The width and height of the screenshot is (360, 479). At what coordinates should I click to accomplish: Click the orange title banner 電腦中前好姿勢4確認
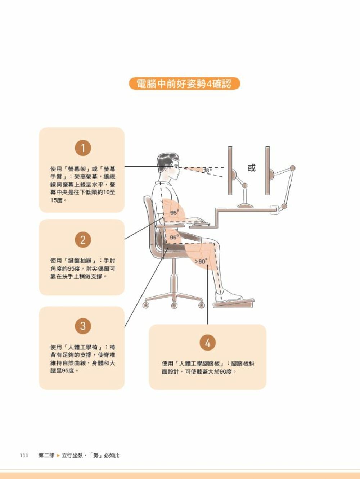coord(184,84)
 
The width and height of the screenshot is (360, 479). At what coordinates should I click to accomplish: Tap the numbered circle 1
coord(83,148)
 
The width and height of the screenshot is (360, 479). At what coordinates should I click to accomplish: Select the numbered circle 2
coord(83,240)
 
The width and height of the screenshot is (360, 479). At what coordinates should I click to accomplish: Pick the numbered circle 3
coord(83,326)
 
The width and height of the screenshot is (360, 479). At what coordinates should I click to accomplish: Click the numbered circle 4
coord(207,343)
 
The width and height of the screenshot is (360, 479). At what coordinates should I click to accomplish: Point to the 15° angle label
coord(207,171)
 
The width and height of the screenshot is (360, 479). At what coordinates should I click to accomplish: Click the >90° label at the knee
coord(201,261)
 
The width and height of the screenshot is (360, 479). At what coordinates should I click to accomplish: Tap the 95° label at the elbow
coord(174,213)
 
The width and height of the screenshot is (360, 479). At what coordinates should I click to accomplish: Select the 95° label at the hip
coord(174,238)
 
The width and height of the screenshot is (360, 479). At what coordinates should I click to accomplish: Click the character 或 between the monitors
coord(251,168)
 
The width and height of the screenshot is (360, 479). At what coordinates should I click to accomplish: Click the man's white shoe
coord(228,296)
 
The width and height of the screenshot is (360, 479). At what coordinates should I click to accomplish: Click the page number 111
coord(24,455)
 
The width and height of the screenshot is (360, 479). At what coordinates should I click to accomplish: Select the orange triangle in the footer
coord(58,455)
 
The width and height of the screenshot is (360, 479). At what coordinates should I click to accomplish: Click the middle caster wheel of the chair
coord(174,305)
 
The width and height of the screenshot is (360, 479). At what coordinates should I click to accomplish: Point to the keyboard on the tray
coord(200,223)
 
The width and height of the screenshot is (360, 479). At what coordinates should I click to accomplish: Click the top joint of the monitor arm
coord(292,168)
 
